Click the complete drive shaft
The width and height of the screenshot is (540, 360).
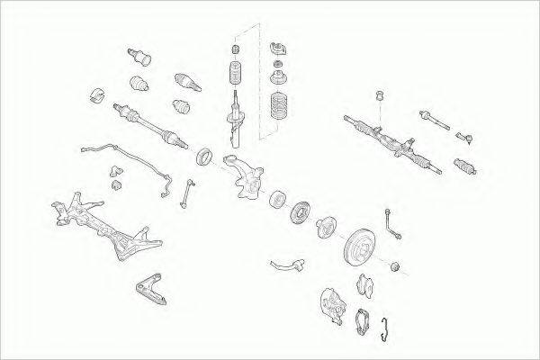148,126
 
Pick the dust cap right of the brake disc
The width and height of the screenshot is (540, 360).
397,266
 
